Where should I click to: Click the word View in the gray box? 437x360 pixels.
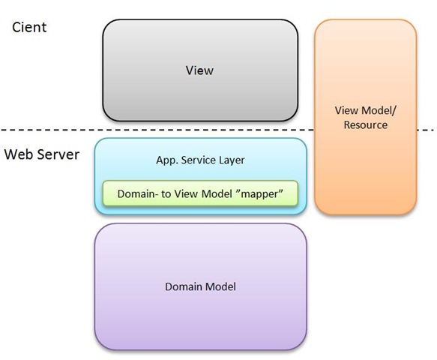pyautogui.click(x=199, y=70)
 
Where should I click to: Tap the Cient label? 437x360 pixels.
pyautogui.click(x=29, y=27)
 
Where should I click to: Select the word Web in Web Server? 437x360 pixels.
pyautogui.click(x=19, y=154)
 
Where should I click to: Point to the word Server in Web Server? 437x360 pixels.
pyautogui.click(x=58, y=154)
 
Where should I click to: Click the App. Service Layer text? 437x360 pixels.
pyautogui.click(x=200, y=160)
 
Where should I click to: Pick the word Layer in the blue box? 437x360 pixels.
pyautogui.click(x=232, y=160)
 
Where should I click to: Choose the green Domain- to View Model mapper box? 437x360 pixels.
pyautogui.click(x=200, y=193)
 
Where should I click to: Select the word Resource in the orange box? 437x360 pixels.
pyautogui.click(x=365, y=125)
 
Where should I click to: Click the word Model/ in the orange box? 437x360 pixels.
pyautogui.click(x=381, y=111)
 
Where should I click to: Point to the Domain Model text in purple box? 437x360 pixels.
pyautogui.click(x=200, y=286)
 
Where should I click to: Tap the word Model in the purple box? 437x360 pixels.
pyautogui.click(x=220, y=286)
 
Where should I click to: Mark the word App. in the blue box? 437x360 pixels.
pyautogui.click(x=166, y=160)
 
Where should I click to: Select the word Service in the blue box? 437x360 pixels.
pyautogui.click(x=198, y=160)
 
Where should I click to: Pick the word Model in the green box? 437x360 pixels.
pyautogui.click(x=217, y=193)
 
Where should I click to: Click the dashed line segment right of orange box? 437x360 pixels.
pyautogui.click(x=426, y=130)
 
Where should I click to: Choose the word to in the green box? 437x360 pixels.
pyautogui.click(x=166, y=193)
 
